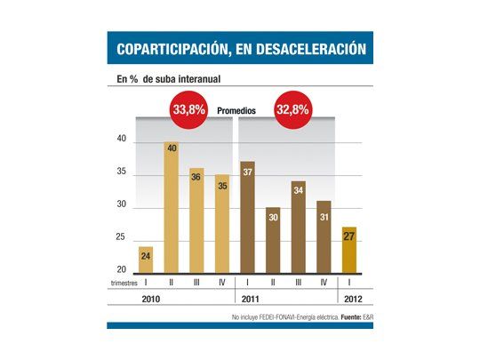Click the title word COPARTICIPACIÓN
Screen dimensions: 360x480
tap(165, 48)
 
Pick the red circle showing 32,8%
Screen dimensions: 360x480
tap(297, 113)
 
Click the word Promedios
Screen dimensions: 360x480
tap(239, 114)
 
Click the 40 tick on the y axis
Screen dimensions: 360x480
tap(123, 140)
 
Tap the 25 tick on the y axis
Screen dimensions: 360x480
tap(123, 237)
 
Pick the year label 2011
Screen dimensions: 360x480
tap(252, 300)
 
